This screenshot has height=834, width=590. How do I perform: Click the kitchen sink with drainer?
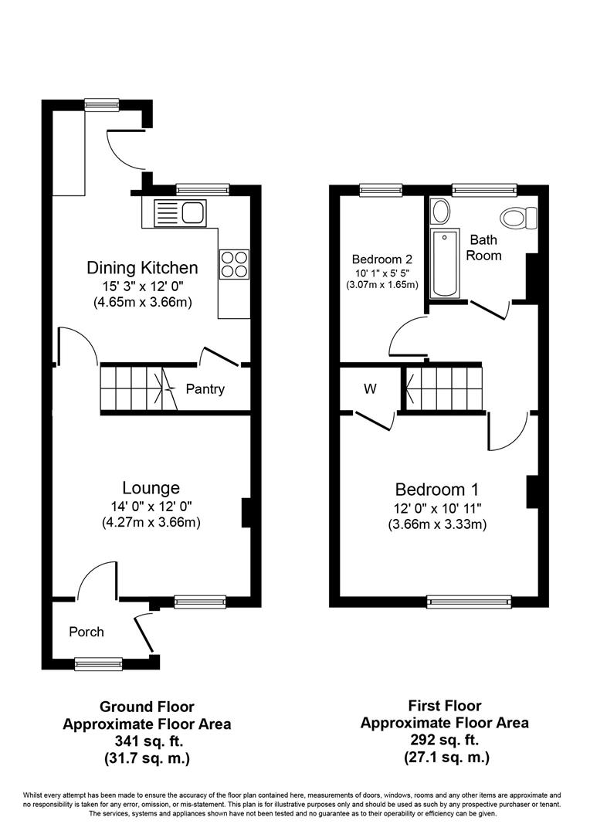(x=180, y=213)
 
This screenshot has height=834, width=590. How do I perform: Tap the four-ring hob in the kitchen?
(x=234, y=264)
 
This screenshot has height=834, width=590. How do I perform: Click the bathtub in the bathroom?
(x=444, y=263)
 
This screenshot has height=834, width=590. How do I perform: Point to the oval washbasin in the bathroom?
(x=440, y=211)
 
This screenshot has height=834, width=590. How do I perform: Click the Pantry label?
(x=205, y=389)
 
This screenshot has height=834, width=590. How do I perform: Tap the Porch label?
(x=86, y=632)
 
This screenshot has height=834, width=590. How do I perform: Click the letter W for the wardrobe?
(x=370, y=388)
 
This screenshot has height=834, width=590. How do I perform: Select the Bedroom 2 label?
(x=382, y=259)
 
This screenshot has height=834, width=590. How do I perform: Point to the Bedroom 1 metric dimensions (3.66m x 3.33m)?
(x=437, y=524)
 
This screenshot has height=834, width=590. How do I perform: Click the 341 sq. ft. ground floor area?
(x=148, y=741)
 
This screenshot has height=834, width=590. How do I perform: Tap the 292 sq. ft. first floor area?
(x=445, y=739)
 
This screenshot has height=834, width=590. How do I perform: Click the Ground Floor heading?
(x=147, y=707)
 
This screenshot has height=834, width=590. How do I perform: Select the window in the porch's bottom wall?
(x=98, y=663)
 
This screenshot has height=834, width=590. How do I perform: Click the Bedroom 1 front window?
(x=470, y=602)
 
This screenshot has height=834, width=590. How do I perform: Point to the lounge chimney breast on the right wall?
(x=246, y=513)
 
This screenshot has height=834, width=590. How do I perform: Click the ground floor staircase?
(x=139, y=388)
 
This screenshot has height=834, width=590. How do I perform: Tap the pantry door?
(x=219, y=357)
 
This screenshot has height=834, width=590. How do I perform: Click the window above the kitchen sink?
(x=202, y=189)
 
